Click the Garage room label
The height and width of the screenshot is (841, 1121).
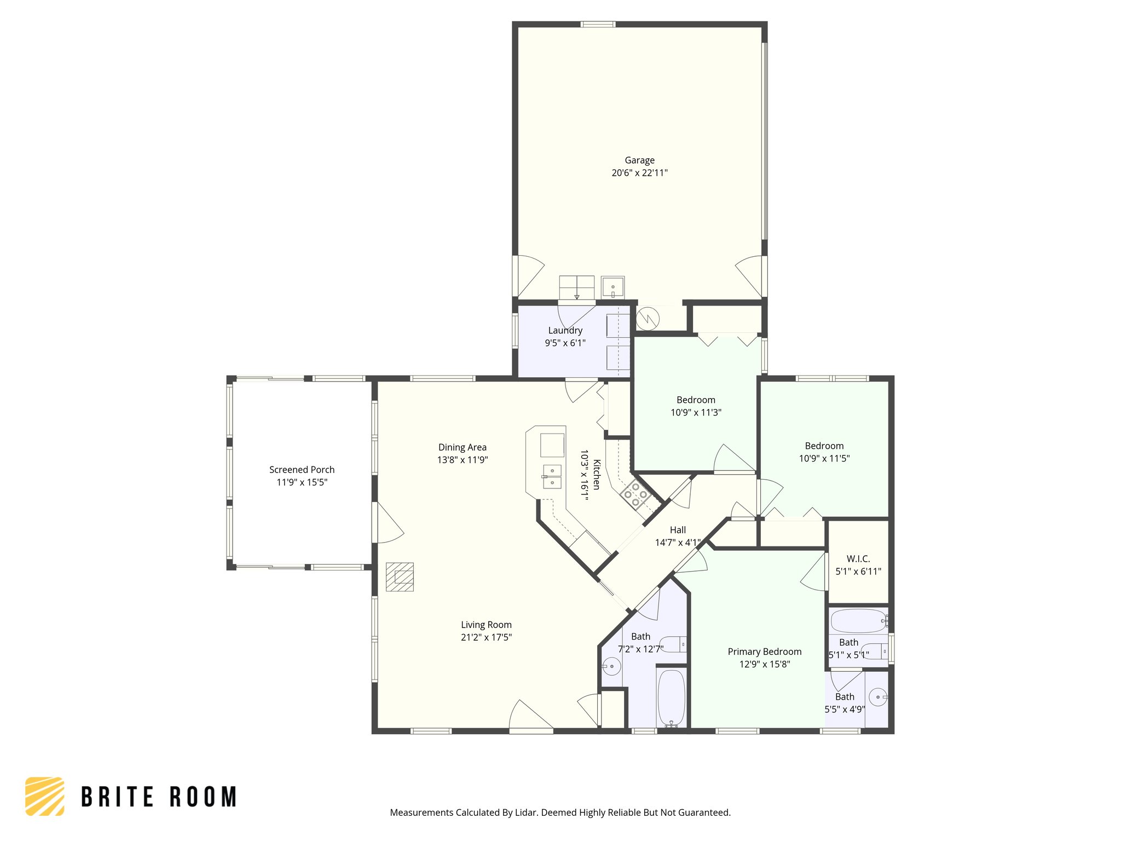click(x=639, y=160)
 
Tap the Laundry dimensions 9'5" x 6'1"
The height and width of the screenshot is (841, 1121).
click(x=565, y=343)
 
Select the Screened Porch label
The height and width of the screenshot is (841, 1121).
click(x=302, y=470)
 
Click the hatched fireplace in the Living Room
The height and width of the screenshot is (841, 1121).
click(x=400, y=577)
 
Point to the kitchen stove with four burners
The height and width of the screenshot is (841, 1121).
click(x=635, y=494)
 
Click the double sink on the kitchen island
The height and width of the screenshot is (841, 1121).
click(x=552, y=476)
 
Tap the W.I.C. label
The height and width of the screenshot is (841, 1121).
click(x=858, y=559)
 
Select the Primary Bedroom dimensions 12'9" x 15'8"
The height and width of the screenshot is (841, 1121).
click(x=765, y=664)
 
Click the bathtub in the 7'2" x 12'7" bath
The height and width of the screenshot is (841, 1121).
click(x=671, y=698)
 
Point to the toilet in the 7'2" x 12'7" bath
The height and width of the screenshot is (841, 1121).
click(x=673, y=644)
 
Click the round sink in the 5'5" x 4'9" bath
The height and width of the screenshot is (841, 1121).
click(x=877, y=697)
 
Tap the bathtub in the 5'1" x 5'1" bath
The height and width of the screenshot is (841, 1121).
click(x=858, y=621)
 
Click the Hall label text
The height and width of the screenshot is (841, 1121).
click(x=678, y=530)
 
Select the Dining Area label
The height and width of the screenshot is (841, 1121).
click(x=462, y=447)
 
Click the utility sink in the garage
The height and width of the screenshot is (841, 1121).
click(x=612, y=287)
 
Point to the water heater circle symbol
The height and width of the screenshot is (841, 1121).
click(x=648, y=318)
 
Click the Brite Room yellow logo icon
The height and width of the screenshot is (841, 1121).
click(x=44, y=796)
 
